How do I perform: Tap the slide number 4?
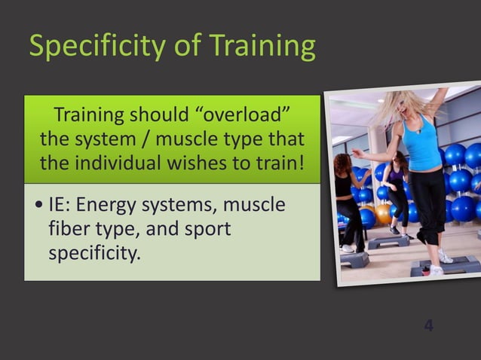[428, 325]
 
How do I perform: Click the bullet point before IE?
[38, 206]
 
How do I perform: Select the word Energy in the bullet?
[111, 205]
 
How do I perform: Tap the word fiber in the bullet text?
[70, 229]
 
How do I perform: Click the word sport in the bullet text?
[203, 229]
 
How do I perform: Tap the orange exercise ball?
[384, 213]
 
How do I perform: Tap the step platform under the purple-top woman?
[388, 242]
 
